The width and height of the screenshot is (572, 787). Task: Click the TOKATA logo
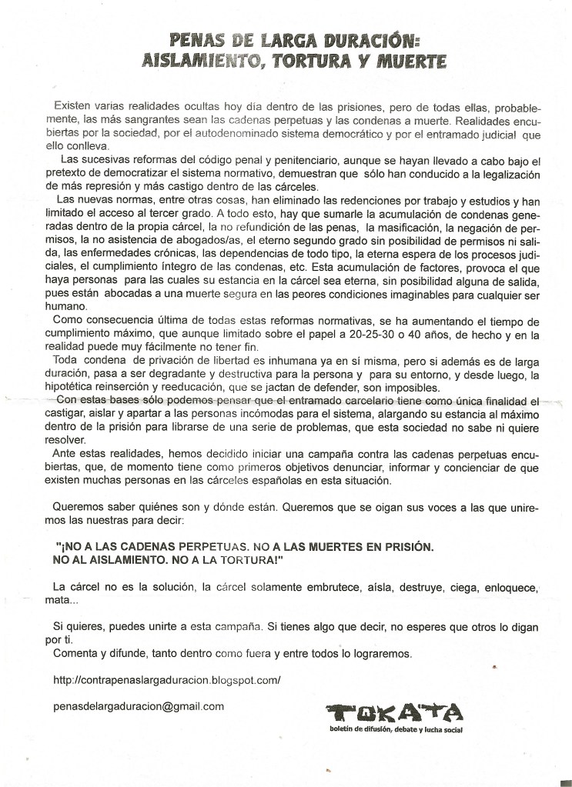coord(393,712)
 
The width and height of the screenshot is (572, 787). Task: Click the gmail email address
coord(139,705)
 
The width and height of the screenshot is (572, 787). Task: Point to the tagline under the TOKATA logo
coord(394,729)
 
